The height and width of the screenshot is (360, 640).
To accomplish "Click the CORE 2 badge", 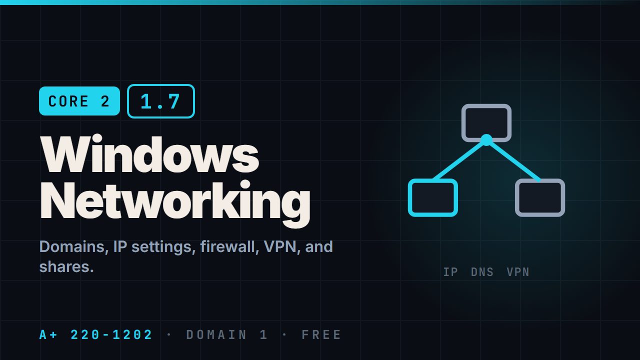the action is pyautogui.click(x=79, y=101).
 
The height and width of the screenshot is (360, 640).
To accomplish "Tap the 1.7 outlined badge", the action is pyautogui.click(x=161, y=101).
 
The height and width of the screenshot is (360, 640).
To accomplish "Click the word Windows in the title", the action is pyautogui.click(x=149, y=154).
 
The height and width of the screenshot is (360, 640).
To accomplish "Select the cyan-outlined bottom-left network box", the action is pyautogui.click(x=433, y=197).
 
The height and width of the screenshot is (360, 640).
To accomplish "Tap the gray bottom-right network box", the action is pyautogui.click(x=540, y=197).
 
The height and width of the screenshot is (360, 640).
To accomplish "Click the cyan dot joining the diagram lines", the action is pyautogui.click(x=486, y=140).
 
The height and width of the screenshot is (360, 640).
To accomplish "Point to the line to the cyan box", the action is pyautogui.click(x=459, y=159).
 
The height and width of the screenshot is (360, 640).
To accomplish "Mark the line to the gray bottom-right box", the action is pyautogui.click(x=513, y=160).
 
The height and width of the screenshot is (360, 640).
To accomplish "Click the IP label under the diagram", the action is pyautogui.click(x=450, y=272).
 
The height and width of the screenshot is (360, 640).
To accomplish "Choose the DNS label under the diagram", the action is pyautogui.click(x=482, y=272).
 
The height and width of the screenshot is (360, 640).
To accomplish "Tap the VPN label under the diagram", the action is pyautogui.click(x=518, y=272).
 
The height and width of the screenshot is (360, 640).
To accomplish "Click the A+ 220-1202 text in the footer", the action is pyautogui.click(x=95, y=335).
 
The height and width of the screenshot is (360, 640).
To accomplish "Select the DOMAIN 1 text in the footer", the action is pyautogui.click(x=227, y=335).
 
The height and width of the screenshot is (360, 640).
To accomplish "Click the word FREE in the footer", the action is pyautogui.click(x=321, y=335).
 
